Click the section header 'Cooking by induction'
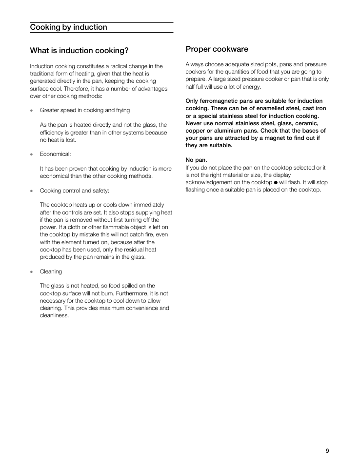(68, 27)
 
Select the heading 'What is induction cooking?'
(79, 51)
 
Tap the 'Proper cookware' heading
(217, 49)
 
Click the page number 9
(327, 451)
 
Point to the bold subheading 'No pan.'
(196, 160)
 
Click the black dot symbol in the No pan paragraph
(276, 182)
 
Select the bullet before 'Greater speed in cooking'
(32, 111)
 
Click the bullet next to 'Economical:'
(32, 155)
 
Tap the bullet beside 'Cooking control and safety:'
(32, 191)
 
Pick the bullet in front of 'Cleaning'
(32, 272)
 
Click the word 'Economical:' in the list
(55, 154)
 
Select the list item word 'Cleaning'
(51, 271)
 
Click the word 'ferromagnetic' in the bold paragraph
(219, 101)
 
